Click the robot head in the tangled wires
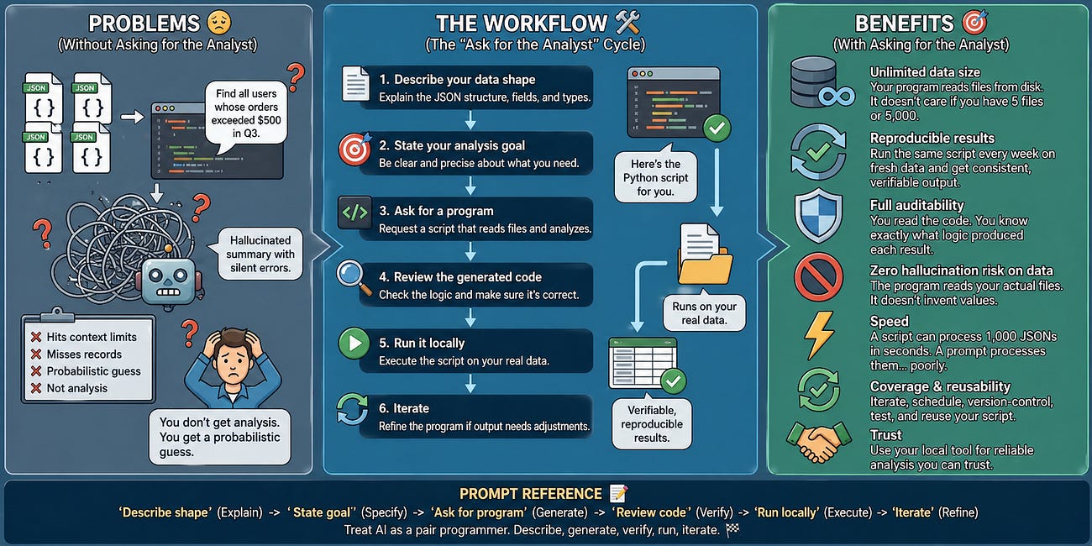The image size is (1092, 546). point(169,281)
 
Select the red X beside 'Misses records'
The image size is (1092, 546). point(36,354)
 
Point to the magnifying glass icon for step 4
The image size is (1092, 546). point(354,278)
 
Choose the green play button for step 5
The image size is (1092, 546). point(354,344)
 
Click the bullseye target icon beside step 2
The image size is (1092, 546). point(354,149)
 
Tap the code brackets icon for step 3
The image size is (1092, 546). point(354,213)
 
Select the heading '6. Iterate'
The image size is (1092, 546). point(404,408)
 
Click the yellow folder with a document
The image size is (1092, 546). point(705,254)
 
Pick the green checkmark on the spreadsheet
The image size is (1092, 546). point(674,381)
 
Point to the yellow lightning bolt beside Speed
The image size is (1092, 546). point(819,335)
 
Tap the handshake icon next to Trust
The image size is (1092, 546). point(819,442)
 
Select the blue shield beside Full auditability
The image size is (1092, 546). point(818,215)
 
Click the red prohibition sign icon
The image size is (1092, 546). point(818,277)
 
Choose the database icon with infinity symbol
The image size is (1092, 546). point(822,82)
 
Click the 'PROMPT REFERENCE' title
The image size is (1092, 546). point(530,494)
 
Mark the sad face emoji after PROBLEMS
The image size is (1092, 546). point(219,23)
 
